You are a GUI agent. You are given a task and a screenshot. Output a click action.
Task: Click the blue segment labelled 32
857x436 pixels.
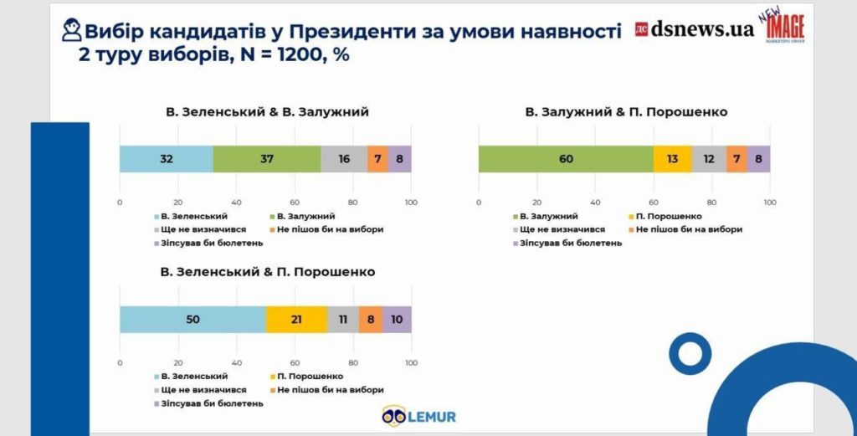tap(166, 159)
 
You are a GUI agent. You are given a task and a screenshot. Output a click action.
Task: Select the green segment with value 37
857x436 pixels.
tap(267, 159)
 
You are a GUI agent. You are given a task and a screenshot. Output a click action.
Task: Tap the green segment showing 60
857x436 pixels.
tap(566, 159)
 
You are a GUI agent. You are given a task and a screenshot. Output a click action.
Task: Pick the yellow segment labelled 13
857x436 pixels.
tap(672, 159)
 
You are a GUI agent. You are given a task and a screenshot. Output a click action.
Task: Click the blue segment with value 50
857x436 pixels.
tap(192, 320)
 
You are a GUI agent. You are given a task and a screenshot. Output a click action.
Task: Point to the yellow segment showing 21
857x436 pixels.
tap(296, 320)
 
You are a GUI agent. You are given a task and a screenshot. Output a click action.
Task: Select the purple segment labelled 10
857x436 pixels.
tap(397, 320)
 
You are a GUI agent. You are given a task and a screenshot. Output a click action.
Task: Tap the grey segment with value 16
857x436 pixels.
tap(344, 159)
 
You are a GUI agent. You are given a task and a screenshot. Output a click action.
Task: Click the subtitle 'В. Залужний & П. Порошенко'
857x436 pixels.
tap(626, 112)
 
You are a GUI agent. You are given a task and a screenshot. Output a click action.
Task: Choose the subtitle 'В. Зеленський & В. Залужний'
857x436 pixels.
tap(266, 112)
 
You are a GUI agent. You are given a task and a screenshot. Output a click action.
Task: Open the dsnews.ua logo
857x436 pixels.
tap(694, 29)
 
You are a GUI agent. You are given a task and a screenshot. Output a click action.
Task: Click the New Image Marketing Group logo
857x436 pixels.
tap(784, 30)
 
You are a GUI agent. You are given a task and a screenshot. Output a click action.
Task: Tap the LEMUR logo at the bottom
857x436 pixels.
tap(418, 415)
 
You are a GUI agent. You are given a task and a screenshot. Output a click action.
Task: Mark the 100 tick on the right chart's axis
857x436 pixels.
tap(770, 202)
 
